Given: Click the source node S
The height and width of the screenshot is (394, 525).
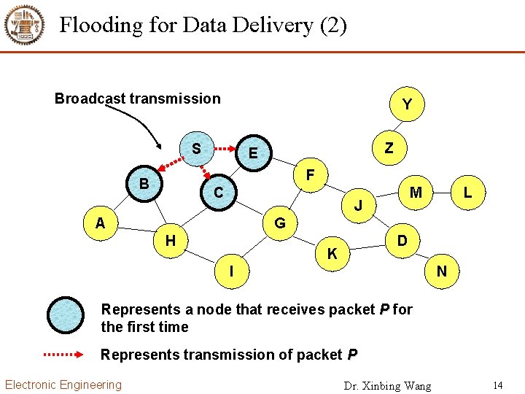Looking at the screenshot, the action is click(x=197, y=149).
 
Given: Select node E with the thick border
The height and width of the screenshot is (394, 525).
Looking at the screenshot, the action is click(x=254, y=152).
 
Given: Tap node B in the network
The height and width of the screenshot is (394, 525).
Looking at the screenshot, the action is click(x=144, y=184).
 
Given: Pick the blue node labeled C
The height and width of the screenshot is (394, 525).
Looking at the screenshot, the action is click(x=219, y=193).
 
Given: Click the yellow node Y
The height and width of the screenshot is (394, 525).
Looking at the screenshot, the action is click(x=407, y=104).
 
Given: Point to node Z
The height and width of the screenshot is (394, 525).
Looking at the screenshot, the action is click(x=389, y=147).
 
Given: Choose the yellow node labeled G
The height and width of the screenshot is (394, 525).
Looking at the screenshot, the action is click(x=280, y=223).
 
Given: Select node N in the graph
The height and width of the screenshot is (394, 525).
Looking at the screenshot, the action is click(x=442, y=271).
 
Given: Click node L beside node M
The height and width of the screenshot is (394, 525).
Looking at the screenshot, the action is click(x=467, y=193).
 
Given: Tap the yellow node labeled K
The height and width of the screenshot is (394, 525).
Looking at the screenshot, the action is click(x=332, y=253).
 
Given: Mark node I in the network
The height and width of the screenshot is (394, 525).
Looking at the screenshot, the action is click(x=232, y=271).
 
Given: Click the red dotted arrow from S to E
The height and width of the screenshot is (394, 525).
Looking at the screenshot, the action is click(x=225, y=148).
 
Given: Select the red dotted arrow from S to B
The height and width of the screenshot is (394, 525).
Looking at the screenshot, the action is click(x=171, y=164).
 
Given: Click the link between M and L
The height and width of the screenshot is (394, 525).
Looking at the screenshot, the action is click(x=442, y=193).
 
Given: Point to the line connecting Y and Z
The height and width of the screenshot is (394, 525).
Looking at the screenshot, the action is click(x=398, y=126).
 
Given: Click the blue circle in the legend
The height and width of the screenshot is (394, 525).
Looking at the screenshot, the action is click(x=66, y=315).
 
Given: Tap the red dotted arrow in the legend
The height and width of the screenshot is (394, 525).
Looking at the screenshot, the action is click(x=63, y=355).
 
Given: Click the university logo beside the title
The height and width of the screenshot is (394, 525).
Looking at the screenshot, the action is click(x=24, y=25).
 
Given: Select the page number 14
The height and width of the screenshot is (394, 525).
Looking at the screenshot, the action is click(x=498, y=385).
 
